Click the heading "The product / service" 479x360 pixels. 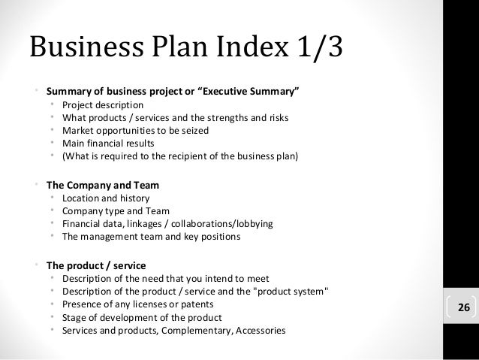pos(96,265)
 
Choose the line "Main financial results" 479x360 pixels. pos(109,144)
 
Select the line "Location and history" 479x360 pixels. pos(106,198)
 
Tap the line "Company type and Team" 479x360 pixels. pos(116,211)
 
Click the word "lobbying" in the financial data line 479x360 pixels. pos(253,224)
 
